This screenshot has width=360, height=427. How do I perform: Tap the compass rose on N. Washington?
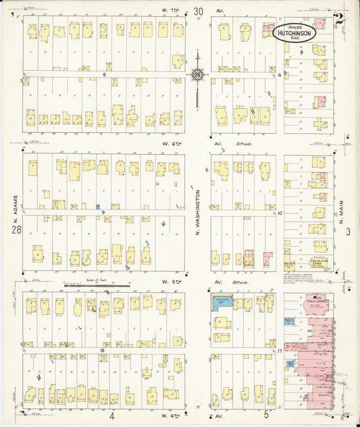[x=197, y=74]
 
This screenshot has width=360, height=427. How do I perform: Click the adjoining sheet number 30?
[x=197, y=11]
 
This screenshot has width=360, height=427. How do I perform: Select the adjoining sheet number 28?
[x=14, y=232]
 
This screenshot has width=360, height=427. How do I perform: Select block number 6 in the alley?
[x=105, y=74]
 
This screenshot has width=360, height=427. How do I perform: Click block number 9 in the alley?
[x=105, y=213]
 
